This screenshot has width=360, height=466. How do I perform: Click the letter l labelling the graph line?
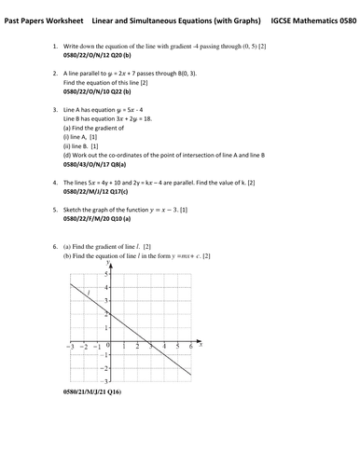tap(87, 295)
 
